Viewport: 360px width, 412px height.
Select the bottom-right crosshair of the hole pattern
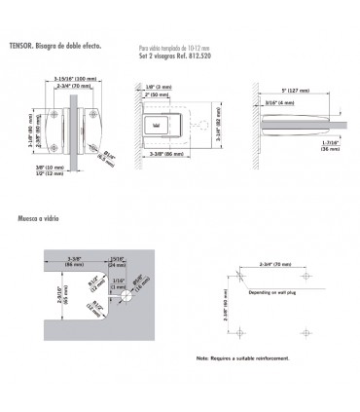300,334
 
